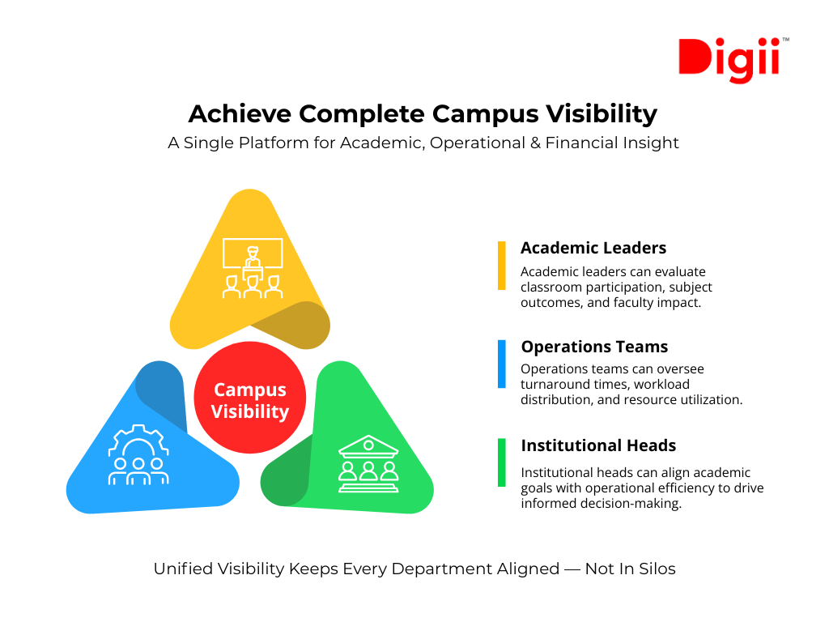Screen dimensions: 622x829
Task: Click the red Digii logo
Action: [729, 58]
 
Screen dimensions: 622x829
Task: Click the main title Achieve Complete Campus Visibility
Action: [422, 113]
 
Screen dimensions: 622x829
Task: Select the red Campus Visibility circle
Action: [250, 401]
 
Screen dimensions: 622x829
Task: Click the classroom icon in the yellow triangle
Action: [253, 268]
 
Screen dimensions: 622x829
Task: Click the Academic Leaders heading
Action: [593, 248]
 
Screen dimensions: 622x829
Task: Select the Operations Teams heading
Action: [594, 347]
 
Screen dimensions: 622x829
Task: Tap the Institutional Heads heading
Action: [598, 445]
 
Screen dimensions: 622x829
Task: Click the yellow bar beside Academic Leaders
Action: [502, 265]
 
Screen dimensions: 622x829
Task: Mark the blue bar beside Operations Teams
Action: [502, 364]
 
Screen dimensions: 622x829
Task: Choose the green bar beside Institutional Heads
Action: [502, 462]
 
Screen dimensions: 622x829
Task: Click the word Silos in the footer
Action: [657, 569]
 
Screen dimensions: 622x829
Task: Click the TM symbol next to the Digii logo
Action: [785, 40]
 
